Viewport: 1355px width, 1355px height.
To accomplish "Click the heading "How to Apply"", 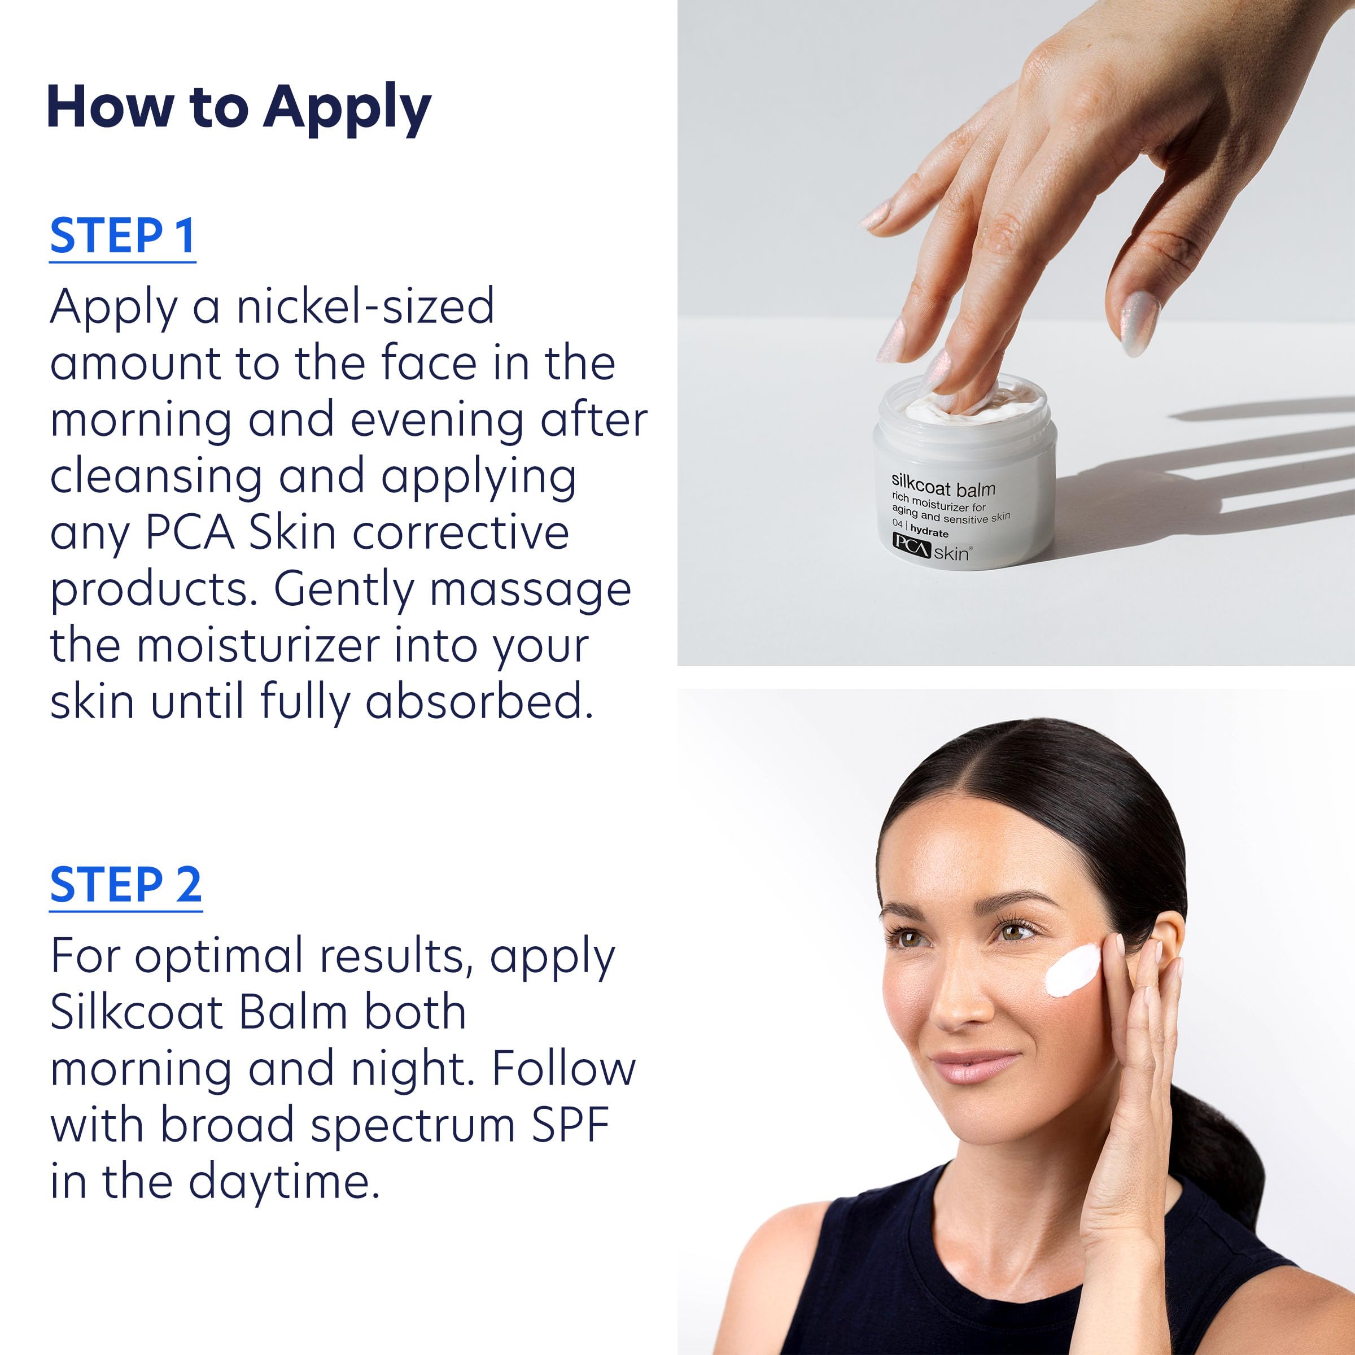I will coord(238,107).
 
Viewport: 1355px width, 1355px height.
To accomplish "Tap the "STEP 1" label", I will coord(122,237).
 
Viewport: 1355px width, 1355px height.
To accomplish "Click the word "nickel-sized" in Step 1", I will coord(365,307).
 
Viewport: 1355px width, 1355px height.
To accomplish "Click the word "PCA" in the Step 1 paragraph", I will coord(189,533).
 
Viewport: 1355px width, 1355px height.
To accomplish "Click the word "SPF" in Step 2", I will coord(570,1125).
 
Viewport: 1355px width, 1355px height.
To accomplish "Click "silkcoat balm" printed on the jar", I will coord(943,486).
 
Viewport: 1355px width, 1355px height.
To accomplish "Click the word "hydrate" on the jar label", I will coord(929,532).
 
